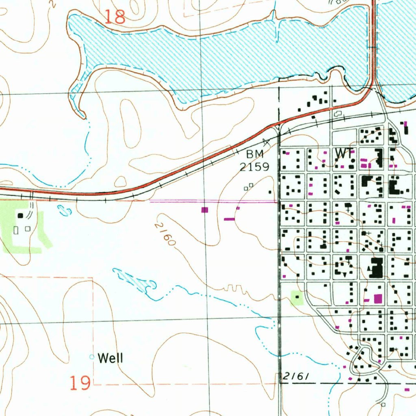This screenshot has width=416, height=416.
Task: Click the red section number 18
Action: click(x=115, y=17)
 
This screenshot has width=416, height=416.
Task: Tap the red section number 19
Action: click(x=80, y=383)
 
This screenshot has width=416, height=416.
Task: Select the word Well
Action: click(x=110, y=358)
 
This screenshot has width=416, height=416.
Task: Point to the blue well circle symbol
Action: click(x=92, y=357)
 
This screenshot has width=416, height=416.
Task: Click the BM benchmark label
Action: click(x=255, y=154)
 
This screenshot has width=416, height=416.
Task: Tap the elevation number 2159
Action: click(x=254, y=167)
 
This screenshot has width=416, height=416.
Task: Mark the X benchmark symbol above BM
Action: click(x=266, y=142)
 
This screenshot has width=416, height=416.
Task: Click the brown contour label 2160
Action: click(x=165, y=234)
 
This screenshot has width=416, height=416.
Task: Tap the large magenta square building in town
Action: click(x=378, y=299)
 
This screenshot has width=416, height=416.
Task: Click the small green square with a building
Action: click(x=297, y=298)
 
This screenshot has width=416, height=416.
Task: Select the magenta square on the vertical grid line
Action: click(x=205, y=210)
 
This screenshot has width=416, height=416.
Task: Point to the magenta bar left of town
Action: click(x=230, y=219)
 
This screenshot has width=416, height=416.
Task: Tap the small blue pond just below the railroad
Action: click(x=63, y=210)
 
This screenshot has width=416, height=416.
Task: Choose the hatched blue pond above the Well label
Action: click(x=136, y=281)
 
